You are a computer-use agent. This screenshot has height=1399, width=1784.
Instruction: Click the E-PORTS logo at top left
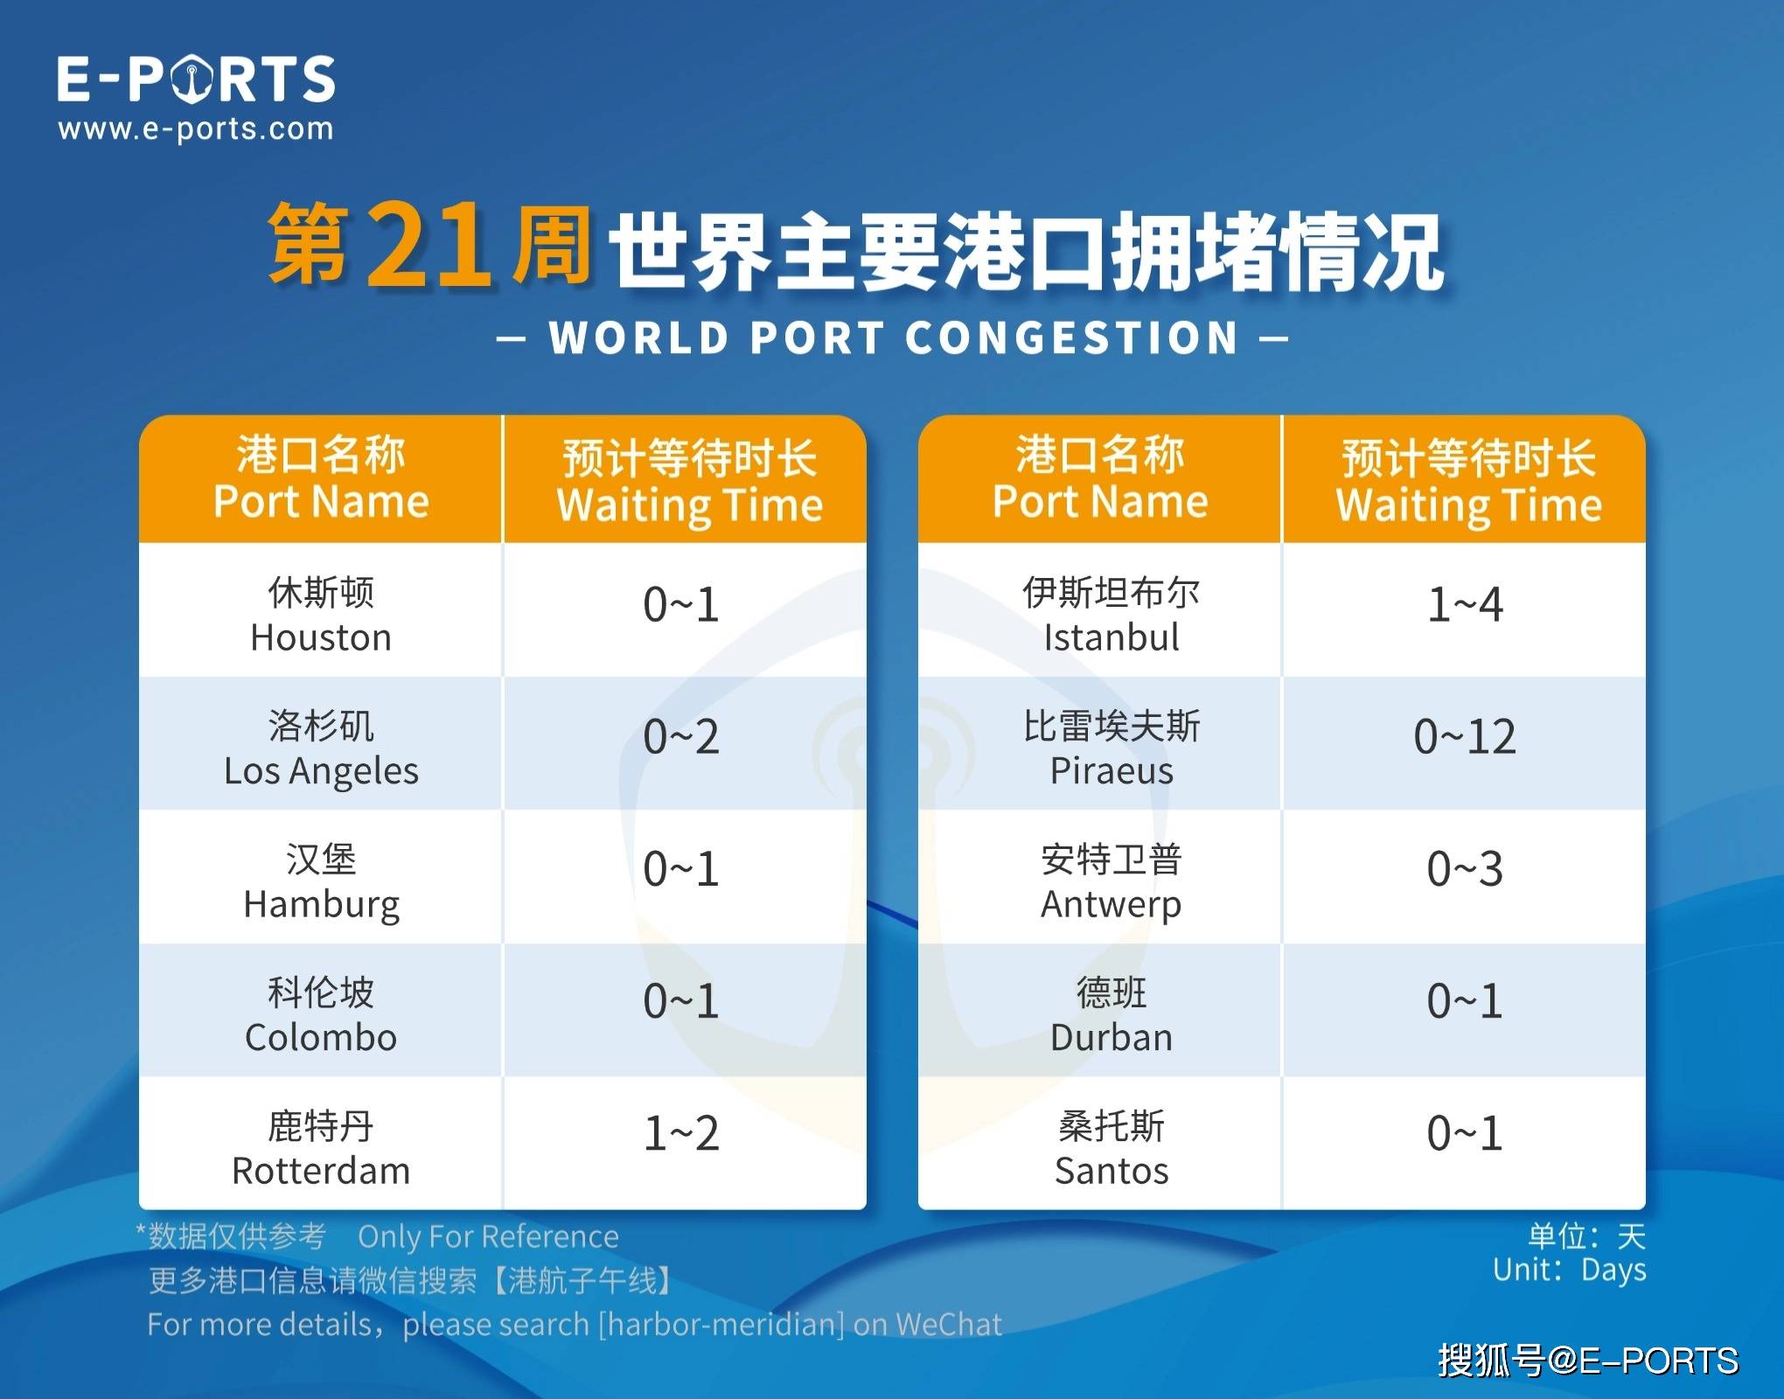coord(196,79)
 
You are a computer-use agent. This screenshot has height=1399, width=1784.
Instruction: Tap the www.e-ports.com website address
coord(196,129)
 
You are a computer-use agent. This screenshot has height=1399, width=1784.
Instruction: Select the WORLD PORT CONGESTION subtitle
coord(893,338)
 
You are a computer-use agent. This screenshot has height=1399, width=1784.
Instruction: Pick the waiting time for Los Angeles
coord(681,736)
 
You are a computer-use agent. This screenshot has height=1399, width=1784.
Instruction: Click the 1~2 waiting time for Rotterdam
coord(681,1133)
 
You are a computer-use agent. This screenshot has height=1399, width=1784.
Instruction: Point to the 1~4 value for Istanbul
coord(1465,604)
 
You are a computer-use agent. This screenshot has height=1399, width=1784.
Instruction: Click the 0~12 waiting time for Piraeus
coord(1465,736)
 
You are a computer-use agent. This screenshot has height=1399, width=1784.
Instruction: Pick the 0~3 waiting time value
coord(1465,869)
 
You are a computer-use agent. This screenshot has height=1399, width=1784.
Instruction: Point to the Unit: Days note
coord(1569,1270)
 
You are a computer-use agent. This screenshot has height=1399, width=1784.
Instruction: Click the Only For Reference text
coord(488,1236)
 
